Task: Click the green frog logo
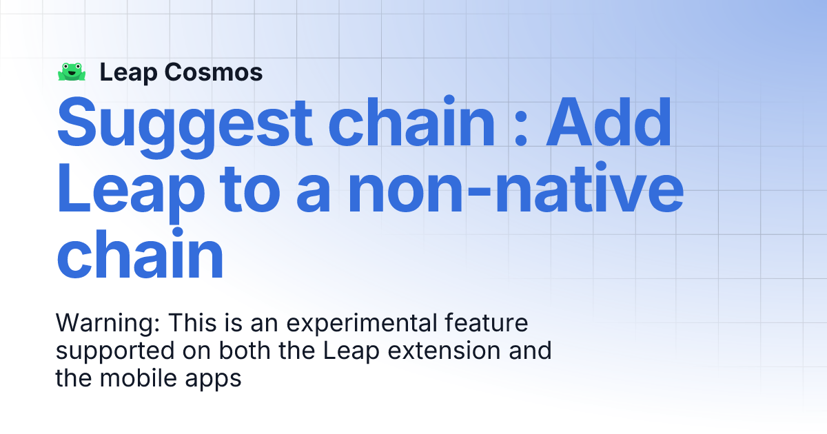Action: (72, 72)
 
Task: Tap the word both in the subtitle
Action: (247, 351)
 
